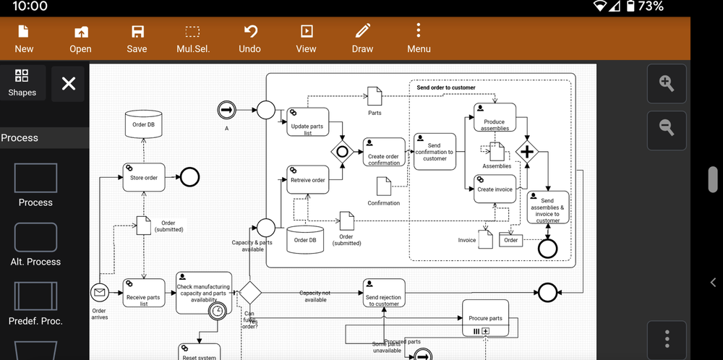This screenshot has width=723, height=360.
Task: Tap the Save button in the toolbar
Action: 137,39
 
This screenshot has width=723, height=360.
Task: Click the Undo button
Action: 250,39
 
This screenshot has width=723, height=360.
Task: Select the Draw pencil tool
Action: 362,39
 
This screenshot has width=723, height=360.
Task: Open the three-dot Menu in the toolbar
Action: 419,39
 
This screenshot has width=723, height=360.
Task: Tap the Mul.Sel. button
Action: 193,39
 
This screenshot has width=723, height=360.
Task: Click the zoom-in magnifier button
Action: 667,83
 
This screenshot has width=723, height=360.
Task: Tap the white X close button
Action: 69,84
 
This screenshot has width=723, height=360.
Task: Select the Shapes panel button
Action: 22,83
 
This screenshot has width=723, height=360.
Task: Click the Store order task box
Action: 144,177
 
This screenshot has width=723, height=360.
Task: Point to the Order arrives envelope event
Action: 99,293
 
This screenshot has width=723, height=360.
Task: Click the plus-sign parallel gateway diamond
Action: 527,152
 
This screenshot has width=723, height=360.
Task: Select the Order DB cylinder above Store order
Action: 143,125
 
